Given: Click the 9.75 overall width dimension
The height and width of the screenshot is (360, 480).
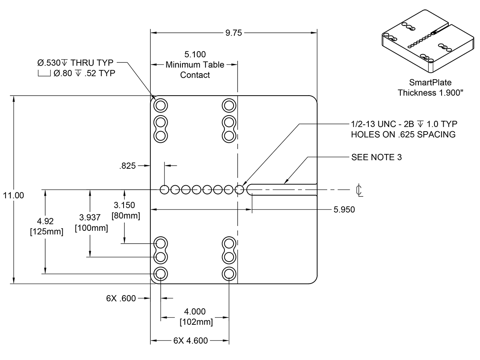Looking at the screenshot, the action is pyautogui.click(x=234, y=33).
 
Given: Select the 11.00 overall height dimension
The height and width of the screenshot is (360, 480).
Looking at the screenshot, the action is pyautogui.click(x=13, y=195).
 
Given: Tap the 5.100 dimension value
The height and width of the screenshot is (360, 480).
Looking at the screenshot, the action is pyautogui.click(x=195, y=54).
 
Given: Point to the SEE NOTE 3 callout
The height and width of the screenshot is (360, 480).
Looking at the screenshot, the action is pyautogui.click(x=376, y=157).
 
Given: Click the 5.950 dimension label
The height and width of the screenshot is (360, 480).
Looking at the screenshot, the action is pyautogui.click(x=344, y=209).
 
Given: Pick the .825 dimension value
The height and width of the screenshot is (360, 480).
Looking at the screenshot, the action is pyautogui.click(x=128, y=166).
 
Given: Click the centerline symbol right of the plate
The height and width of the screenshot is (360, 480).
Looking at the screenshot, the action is pyautogui.click(x=359, y=191).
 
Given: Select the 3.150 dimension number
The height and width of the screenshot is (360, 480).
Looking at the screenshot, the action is pyautogui.click(x=124, y=205).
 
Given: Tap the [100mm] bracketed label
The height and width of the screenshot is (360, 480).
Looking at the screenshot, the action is pyautogui.click(x=92, y=228).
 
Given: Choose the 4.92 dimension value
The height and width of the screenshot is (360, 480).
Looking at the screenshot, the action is pyautogui.click(x=45, y=221).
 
